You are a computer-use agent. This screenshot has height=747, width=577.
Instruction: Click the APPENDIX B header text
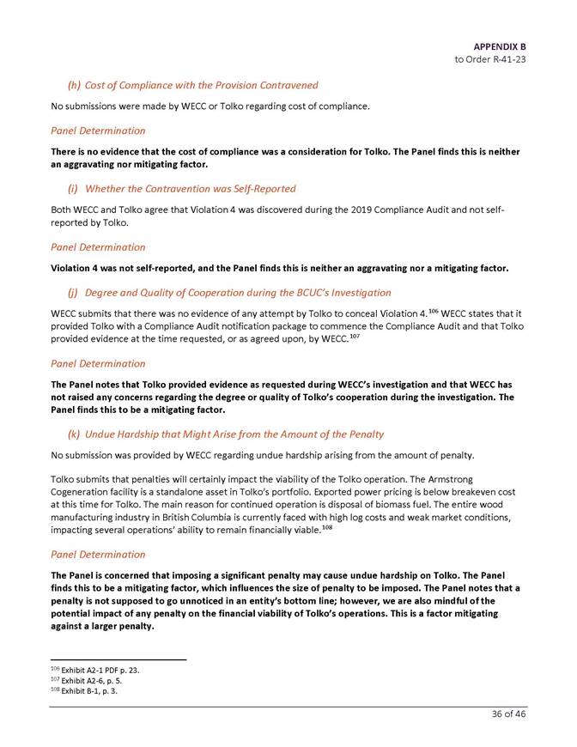coord(499,46)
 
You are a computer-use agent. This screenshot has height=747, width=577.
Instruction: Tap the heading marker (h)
coord(74,85)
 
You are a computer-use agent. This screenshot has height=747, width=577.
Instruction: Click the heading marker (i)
coord(73,188)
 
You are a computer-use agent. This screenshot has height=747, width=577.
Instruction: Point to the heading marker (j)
coord(73,292)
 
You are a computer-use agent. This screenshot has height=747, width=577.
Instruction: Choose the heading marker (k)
coord(74,434)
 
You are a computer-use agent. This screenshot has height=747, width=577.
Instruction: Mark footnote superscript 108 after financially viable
coord(327,526)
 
